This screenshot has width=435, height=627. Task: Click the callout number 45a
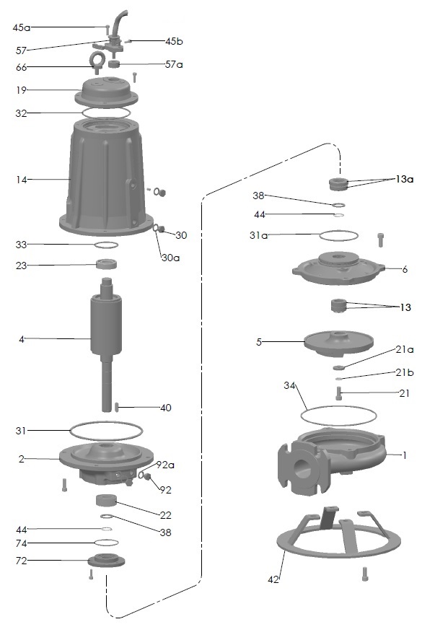[x=22, y=27]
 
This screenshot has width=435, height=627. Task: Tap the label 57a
[x=174, y=64]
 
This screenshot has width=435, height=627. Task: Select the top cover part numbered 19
[x=106, y=93]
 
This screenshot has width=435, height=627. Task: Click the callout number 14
[x=21, y=180]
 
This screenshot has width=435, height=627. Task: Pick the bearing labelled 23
[x=106, y=264]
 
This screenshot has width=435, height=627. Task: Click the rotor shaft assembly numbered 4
[x=106, y=344]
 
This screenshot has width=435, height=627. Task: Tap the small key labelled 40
[x=117, y=407]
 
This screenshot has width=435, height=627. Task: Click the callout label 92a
[x=165, y=465]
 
